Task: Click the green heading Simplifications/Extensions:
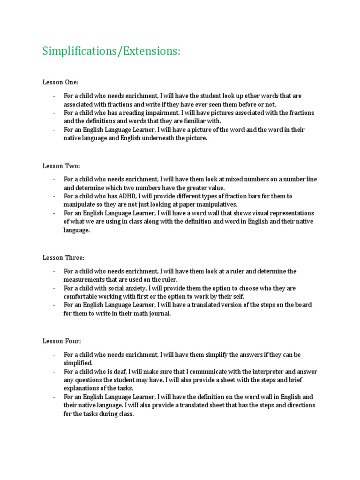coord(111,52)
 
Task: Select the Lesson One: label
coord(61,82)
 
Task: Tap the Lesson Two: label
coord(61,165)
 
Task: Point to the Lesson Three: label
coord(63,257)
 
